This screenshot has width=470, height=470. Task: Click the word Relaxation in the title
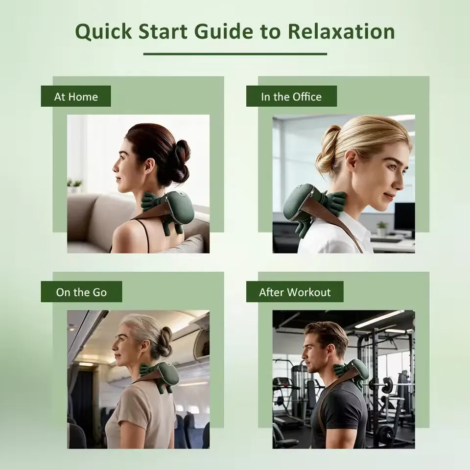click(x=341, y=31)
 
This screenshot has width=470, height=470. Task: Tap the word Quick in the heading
click(x=103, y=32)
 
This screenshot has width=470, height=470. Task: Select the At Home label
click(x=76, y=96)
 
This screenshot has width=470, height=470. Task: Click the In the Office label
click(x=291, y=96)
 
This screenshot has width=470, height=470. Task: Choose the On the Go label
click(x=81, y=292)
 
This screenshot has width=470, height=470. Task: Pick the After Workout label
click(x=295, y=292)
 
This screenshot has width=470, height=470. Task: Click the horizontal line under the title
click(x=235, y=54)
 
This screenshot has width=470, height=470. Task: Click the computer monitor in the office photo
click(x=405, y=216)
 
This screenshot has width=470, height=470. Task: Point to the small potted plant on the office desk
click(x=381, y=229)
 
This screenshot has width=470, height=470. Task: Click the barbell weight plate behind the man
click(x=387, y=385)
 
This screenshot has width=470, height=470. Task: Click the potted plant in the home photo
click(x=75, y=187)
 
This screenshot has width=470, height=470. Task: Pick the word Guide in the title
click(x=224, y=31)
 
